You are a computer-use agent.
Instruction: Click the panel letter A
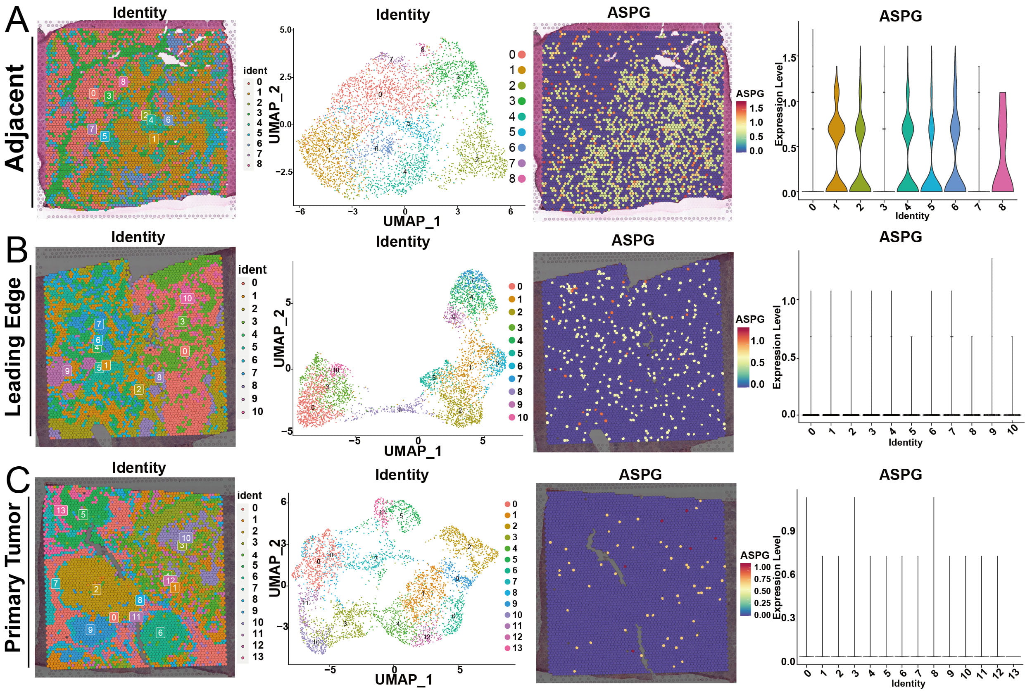(17, 20)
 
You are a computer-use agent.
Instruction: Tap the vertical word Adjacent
(15, 118)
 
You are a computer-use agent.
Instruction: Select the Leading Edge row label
(14, 347)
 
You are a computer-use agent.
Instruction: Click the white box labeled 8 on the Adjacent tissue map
(123, 82)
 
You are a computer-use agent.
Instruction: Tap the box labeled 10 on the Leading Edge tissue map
(187, 298)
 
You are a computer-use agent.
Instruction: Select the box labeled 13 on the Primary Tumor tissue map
(60, 511)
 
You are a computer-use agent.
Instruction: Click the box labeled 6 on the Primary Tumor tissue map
(160, 632)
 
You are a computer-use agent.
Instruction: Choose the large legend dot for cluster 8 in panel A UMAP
(522, 179)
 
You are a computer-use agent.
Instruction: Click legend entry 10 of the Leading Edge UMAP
(517, 418)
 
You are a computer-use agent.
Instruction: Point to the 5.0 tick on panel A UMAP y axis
(286, 30)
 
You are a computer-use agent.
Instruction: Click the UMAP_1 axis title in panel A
(411, 221)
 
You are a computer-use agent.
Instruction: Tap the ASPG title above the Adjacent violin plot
(900, 17)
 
